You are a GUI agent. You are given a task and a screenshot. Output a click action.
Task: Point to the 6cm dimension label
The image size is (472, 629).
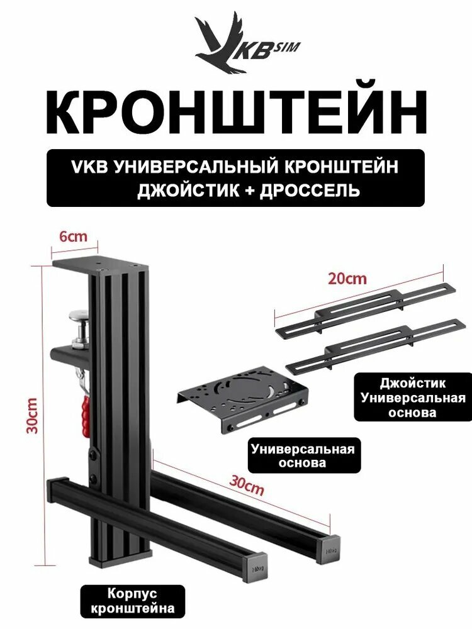pyautogui.click(x=74, y=237)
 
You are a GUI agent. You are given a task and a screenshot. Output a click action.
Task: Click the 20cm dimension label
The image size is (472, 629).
pyautogui.click(x=347, y=277)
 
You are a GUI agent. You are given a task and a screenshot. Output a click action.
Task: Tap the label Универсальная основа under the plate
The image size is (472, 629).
pyautogui.click(x=303, y=456)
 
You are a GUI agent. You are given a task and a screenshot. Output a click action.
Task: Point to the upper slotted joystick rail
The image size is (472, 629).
pyautogui.click(x=365, y=308)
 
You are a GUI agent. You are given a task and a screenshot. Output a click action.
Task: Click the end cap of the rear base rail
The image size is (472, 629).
pyautogui.click(x=332, y=549)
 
